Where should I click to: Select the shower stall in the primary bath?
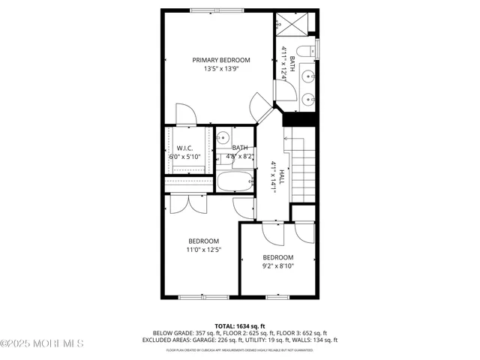295,23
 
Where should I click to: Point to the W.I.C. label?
185,148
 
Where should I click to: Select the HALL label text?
282,178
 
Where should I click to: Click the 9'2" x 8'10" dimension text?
277,265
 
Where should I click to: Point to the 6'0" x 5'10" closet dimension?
185,157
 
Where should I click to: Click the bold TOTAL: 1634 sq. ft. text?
239,326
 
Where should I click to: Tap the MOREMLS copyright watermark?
43,343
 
